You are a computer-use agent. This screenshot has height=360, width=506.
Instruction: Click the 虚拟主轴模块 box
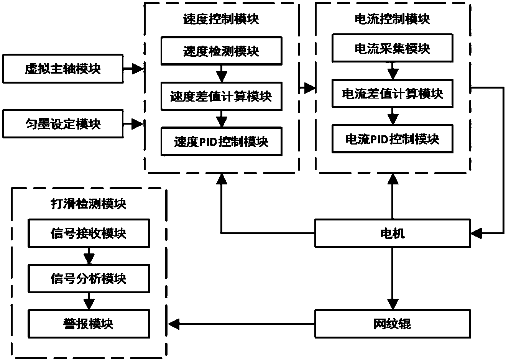pyautogui.click(x=62, y=69)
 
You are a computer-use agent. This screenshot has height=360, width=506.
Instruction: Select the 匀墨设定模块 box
pyautogui.click(x=62, y=124)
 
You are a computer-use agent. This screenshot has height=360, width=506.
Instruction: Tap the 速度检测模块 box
pyautogui.click(x=221, y=51)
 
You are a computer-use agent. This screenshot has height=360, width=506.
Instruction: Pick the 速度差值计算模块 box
pyautogui.click(x=221, y=96)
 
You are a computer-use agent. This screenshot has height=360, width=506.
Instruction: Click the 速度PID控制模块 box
pyautogui.click(x=221, y=141)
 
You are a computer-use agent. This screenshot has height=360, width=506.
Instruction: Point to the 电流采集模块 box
pyautogui.click(x=392, y=48)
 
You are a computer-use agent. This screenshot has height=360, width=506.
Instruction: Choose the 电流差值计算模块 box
pyautogui.click(x=392, y=94)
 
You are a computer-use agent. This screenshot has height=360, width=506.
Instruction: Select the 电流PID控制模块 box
pyautogui.click(x=392, y=139)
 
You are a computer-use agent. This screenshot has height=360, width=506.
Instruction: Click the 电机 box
pyautogui.click(x=392, y=233)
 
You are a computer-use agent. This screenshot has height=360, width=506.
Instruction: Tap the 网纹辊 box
pyautogui.click(x=392, y=324)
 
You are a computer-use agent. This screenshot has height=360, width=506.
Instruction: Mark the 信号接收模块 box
pyautogui.click(x=89, y=233)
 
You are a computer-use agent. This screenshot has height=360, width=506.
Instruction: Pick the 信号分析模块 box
pyautogui.click(x=89, y=279)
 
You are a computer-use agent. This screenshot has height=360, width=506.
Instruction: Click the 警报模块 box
pyautogui.click(x=89, y=324)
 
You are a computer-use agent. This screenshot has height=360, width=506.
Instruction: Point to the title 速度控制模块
pyautogui.click(x=221, y=19)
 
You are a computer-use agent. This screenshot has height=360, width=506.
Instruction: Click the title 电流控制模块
pyautogui.click(x=392, y=19)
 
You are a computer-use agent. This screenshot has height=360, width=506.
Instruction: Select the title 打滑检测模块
pyautogui.click(x=89, y=204)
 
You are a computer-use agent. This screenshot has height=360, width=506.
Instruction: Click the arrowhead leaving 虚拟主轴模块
pyautogui.click(x=137, y=69)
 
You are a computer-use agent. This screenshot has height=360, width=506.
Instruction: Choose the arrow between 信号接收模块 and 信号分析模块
pyautogui.click(x=89, y=256)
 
